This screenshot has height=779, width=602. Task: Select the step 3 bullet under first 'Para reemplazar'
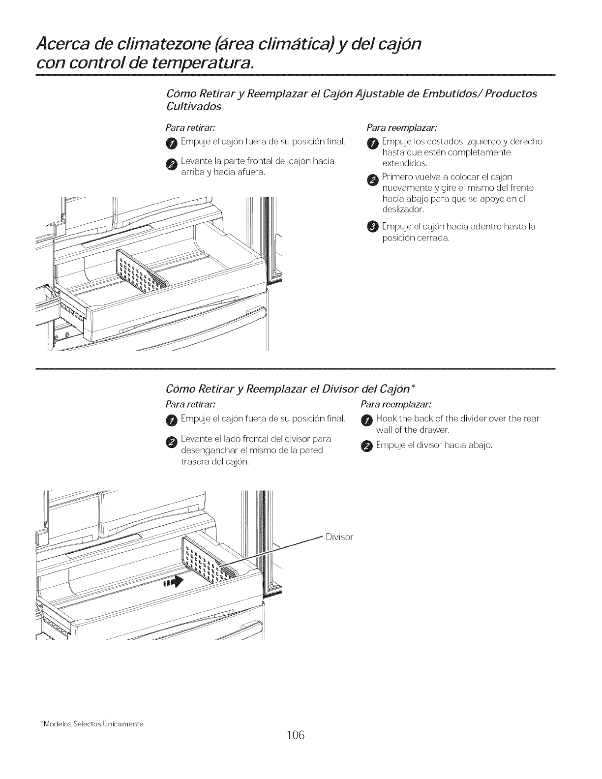point(372,226)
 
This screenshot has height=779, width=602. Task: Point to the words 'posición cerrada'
point(416,238)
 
